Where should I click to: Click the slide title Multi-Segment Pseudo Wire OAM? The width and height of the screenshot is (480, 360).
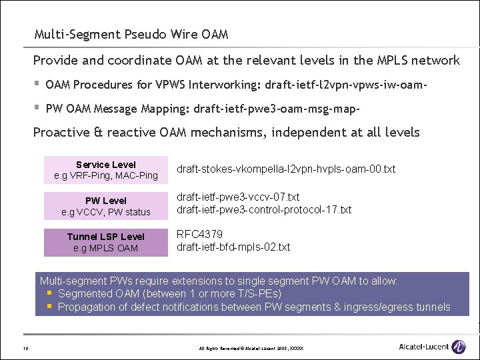coord(131,34)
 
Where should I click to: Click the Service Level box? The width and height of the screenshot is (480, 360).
coord(106,170)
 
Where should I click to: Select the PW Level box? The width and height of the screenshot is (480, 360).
coord(106,206)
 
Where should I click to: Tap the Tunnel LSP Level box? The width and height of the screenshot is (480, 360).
coord(106,242)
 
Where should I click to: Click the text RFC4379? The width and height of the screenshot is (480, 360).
coord(199,234)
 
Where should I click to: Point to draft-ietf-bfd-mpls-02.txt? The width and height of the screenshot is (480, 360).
coord(233,247)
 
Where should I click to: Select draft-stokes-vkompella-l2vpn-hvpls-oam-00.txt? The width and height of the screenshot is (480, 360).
coord(285,169)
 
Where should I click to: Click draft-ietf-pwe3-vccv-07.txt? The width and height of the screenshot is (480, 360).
coord(238,197)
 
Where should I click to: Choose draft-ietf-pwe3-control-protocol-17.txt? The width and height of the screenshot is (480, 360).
coord(263,210)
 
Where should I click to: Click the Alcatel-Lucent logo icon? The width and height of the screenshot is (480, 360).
coord(458,347)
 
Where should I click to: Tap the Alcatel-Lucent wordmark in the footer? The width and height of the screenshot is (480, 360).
coord(423,347)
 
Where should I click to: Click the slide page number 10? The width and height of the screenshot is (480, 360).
coord(25,347)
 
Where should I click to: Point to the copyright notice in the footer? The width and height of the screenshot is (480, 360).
coord(251,348)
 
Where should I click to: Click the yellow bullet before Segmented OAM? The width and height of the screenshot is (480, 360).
coord(49,293)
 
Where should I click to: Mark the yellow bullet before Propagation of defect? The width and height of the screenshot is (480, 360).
coord(49,307)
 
